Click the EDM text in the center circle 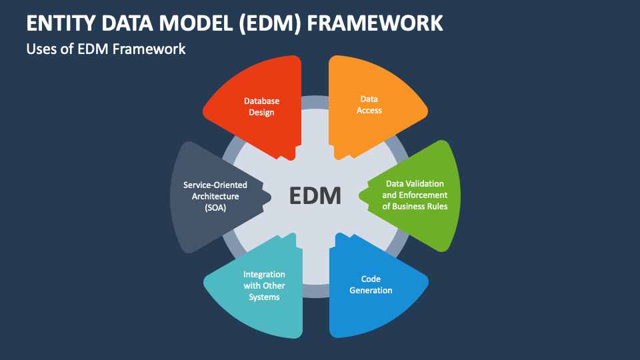315,196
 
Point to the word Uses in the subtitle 42,49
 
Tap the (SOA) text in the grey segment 215,207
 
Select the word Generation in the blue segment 371,290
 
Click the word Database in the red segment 261,101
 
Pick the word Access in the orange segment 369,110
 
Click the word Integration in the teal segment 264,275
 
